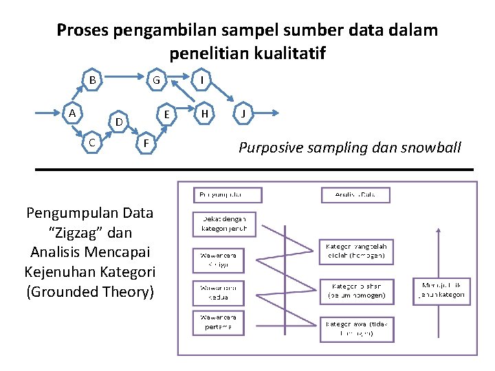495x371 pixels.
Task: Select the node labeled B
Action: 92,80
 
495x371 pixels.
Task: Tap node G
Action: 157,80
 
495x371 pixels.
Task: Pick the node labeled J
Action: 243,113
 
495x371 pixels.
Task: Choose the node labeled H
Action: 203,113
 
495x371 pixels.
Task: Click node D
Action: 118,122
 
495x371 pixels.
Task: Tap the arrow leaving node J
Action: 267,113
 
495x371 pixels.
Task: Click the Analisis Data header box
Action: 355,195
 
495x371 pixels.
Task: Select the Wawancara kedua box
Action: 219,291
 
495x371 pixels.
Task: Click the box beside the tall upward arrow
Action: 441,291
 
